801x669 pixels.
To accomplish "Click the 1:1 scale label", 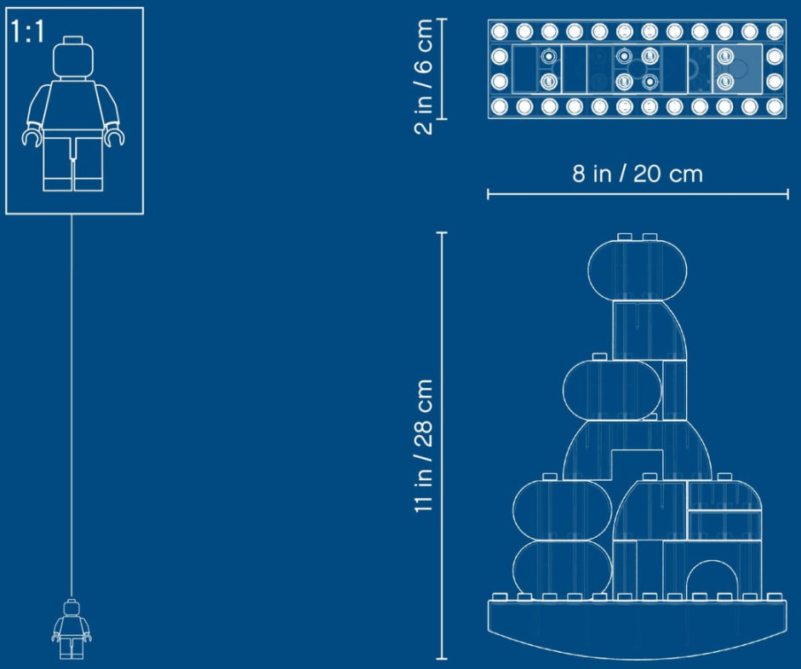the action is (27, 31).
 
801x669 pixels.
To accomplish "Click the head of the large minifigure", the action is (73, 58).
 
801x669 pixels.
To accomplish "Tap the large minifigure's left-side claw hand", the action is (31, 138).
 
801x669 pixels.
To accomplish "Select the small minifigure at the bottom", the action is (72, 629).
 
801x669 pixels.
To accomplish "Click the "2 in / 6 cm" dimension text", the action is (424, 77).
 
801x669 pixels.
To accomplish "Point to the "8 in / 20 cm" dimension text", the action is (638, 174).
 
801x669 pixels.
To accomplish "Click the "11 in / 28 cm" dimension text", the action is (424, 446).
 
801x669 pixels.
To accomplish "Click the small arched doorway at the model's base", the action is (712, 579).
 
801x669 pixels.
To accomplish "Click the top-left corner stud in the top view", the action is (499, 31).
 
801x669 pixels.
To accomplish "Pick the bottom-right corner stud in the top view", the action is (775, 106).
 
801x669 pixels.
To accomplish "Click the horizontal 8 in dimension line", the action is (638, 194).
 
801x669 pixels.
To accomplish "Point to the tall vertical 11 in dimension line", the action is (442, 446).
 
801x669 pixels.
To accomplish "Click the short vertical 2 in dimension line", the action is (442, 69).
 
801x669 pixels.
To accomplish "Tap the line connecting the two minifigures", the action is (72, 407).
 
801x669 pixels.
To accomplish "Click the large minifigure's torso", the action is (73, 106).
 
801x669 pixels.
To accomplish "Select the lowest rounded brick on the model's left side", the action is (562, 568).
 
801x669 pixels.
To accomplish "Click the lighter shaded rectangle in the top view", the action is (737, 69).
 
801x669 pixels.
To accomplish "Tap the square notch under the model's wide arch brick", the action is (638, 466).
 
